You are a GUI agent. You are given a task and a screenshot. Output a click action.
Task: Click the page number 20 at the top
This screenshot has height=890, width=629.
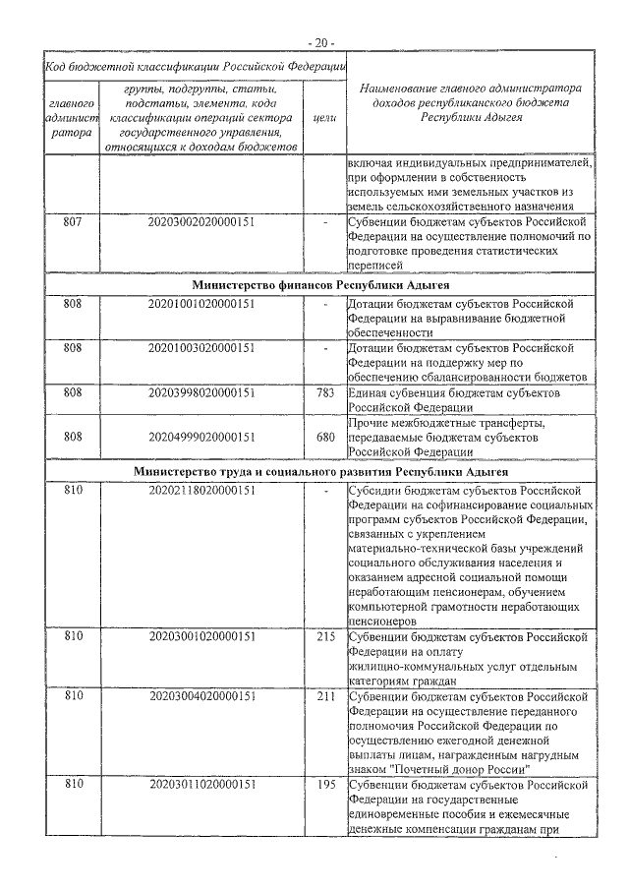[320, 42]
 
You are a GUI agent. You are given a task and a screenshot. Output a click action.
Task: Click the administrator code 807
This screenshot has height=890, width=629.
[72, 222]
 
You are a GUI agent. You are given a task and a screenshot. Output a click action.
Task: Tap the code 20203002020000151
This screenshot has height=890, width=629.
[201, 222]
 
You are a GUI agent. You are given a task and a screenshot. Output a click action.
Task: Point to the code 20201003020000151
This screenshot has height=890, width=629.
[201, 348]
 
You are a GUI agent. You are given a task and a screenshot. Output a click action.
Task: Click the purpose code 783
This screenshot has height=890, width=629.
[325, 392]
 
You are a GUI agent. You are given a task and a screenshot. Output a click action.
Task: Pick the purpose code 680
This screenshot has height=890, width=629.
[325, 436]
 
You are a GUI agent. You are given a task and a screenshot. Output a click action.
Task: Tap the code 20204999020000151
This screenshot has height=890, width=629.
[201, 436]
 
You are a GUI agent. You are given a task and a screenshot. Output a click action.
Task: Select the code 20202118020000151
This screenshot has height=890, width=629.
[201, 490]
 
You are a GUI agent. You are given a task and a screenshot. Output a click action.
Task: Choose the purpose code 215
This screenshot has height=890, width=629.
[325, 636]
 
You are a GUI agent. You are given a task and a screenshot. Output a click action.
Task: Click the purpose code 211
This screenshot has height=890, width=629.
[325, 696]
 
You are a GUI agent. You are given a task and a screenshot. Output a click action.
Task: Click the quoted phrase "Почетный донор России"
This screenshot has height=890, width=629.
[459, 768]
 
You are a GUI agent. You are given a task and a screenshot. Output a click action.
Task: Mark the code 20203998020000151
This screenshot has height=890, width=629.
[201, 392]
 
